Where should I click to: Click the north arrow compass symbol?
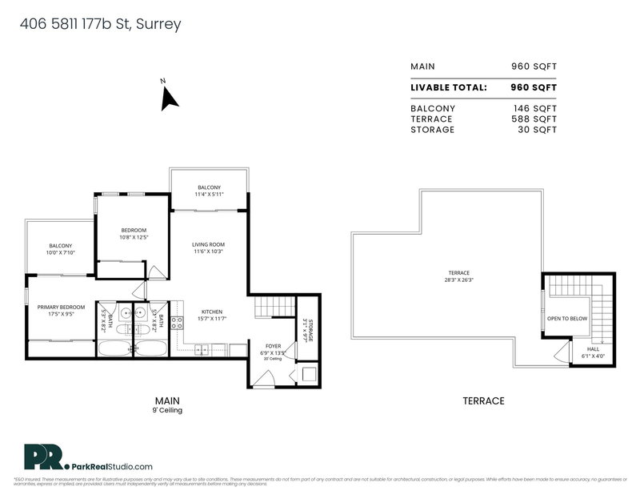coord(169,99)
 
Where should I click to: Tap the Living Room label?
coord(208,244)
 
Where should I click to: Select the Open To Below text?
coord(566,318)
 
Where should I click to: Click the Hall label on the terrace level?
coord(592,349)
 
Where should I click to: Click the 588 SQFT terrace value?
coord(534,119)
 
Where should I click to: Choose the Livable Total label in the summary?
coord(448,87)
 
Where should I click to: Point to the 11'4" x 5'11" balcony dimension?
coord(209,195)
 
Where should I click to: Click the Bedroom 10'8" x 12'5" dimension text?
coord(134,237)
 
